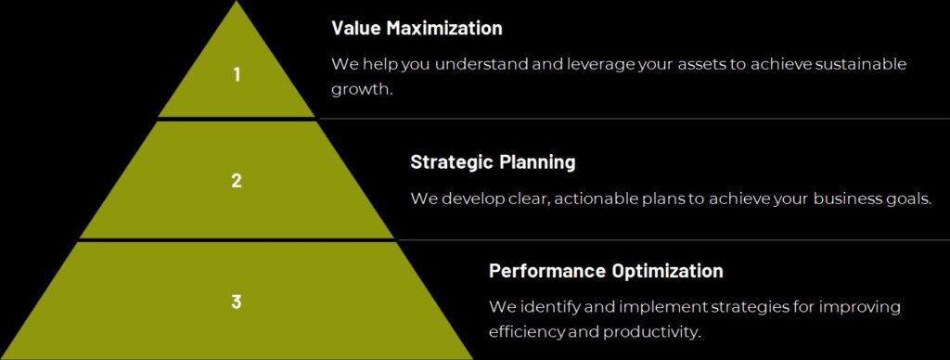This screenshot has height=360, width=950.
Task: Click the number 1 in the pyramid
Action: tap(237, 74)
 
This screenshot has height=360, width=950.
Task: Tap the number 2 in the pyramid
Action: tap(237, 180)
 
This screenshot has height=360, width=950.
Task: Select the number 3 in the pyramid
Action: tap(237, 302)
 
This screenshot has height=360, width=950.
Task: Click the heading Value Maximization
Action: tap(417, 28)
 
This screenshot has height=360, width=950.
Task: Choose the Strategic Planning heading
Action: tap(493, 162)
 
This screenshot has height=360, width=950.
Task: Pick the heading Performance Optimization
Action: tap(606, 270)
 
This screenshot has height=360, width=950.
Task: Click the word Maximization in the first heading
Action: tap(444, 28)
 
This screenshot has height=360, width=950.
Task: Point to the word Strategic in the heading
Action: tap(453, 162)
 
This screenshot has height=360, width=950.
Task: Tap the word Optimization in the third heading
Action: tap(668, 270)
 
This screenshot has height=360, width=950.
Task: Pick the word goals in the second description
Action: tap(906, 199)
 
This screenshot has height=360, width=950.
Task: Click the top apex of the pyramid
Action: tap(237, 1)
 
